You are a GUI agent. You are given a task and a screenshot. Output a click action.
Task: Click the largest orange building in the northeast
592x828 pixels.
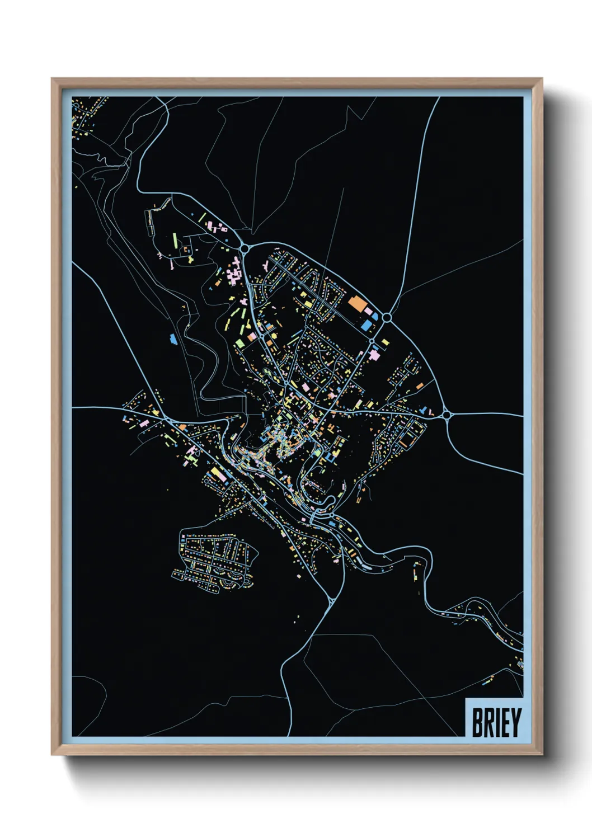(x=356, y=304)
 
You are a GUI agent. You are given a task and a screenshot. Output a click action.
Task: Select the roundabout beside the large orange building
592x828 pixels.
(x=386, y=317)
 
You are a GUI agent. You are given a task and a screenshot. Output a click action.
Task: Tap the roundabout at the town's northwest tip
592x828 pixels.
(x=245, y=248)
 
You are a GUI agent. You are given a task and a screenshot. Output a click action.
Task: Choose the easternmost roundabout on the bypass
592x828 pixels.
(x=447, y=415)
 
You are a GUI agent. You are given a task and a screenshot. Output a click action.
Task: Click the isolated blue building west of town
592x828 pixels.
(x=172, y=338)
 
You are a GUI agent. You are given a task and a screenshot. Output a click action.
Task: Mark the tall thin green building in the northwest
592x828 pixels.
(x=175, y=241)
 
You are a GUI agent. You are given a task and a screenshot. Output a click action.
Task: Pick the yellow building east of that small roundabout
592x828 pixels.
(x=385, y=341)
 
